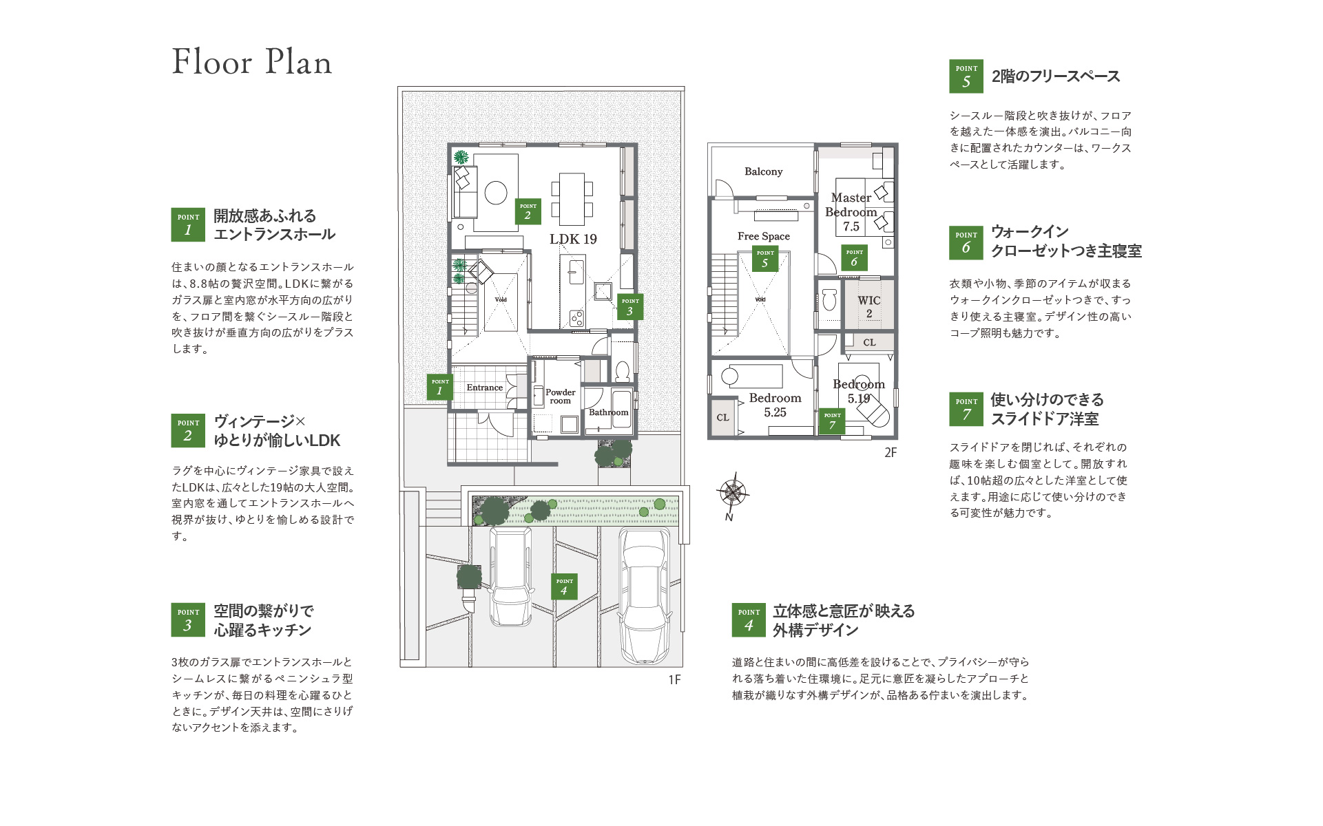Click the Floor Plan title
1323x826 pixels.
tap(252, 62)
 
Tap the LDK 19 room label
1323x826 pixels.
tap(573, 239)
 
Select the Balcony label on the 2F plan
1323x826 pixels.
tap(763, 171)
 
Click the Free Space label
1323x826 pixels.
tap(763, 236)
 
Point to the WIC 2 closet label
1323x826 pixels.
tap(869, 306)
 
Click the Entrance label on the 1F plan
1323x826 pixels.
tap(484, 388)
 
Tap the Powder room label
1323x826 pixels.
tap(560, 396)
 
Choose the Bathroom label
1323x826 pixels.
tap(608, 412)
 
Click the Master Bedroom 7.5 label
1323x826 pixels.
tap(851, 212)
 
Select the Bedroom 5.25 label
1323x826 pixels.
tap(775, 405)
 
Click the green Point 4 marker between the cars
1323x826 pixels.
tap(564, 586)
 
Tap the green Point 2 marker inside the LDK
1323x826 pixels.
tap(528, 211)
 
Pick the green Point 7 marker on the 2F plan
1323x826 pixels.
tap(832, 421)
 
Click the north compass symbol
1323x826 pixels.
tap(733, 493)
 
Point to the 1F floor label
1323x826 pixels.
tap(674, 679)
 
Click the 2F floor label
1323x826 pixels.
tap(890, 452)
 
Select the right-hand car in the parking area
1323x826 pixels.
tap(644, 595)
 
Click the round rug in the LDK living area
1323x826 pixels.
tap(496, 193)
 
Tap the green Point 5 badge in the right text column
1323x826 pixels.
tap(966, 76)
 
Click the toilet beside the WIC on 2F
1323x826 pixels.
tap(829, 299)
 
